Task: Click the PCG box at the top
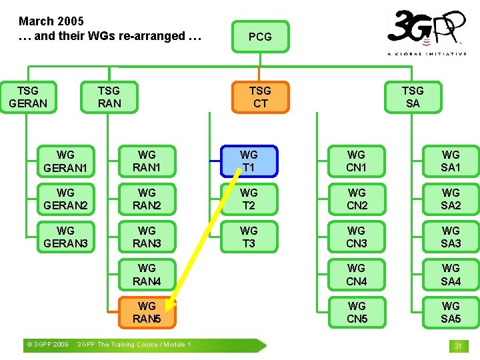(260, 37)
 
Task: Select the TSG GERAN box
(28, 97)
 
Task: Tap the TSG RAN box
(109, 97)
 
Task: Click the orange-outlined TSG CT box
(260, 97)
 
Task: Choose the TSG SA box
(413, 97)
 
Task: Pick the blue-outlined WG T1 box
(249, 161)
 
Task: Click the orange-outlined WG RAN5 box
(147, 313)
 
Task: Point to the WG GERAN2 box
(65, 199)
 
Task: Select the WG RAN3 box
(147, 237)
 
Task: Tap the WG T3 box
(249, 237)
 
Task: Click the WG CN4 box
(357, 275)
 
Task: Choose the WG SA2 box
(451, 199)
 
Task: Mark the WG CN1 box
(357, 161)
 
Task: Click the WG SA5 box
(451, 313)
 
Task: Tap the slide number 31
(458, 346)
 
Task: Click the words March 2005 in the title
(51, 21)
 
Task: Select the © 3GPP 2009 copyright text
(47, 345)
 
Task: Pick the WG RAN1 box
(147, 161)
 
